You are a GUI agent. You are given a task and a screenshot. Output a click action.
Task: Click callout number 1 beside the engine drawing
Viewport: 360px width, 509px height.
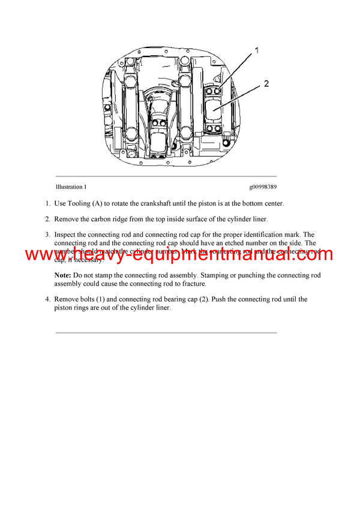(256, 51)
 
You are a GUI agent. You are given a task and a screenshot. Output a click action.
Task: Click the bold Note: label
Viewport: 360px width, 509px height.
(63, 275)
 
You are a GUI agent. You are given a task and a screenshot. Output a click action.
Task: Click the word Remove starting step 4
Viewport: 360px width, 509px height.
(67, 299)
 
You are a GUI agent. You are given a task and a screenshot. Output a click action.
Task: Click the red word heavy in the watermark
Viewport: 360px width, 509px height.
(86, 254)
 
